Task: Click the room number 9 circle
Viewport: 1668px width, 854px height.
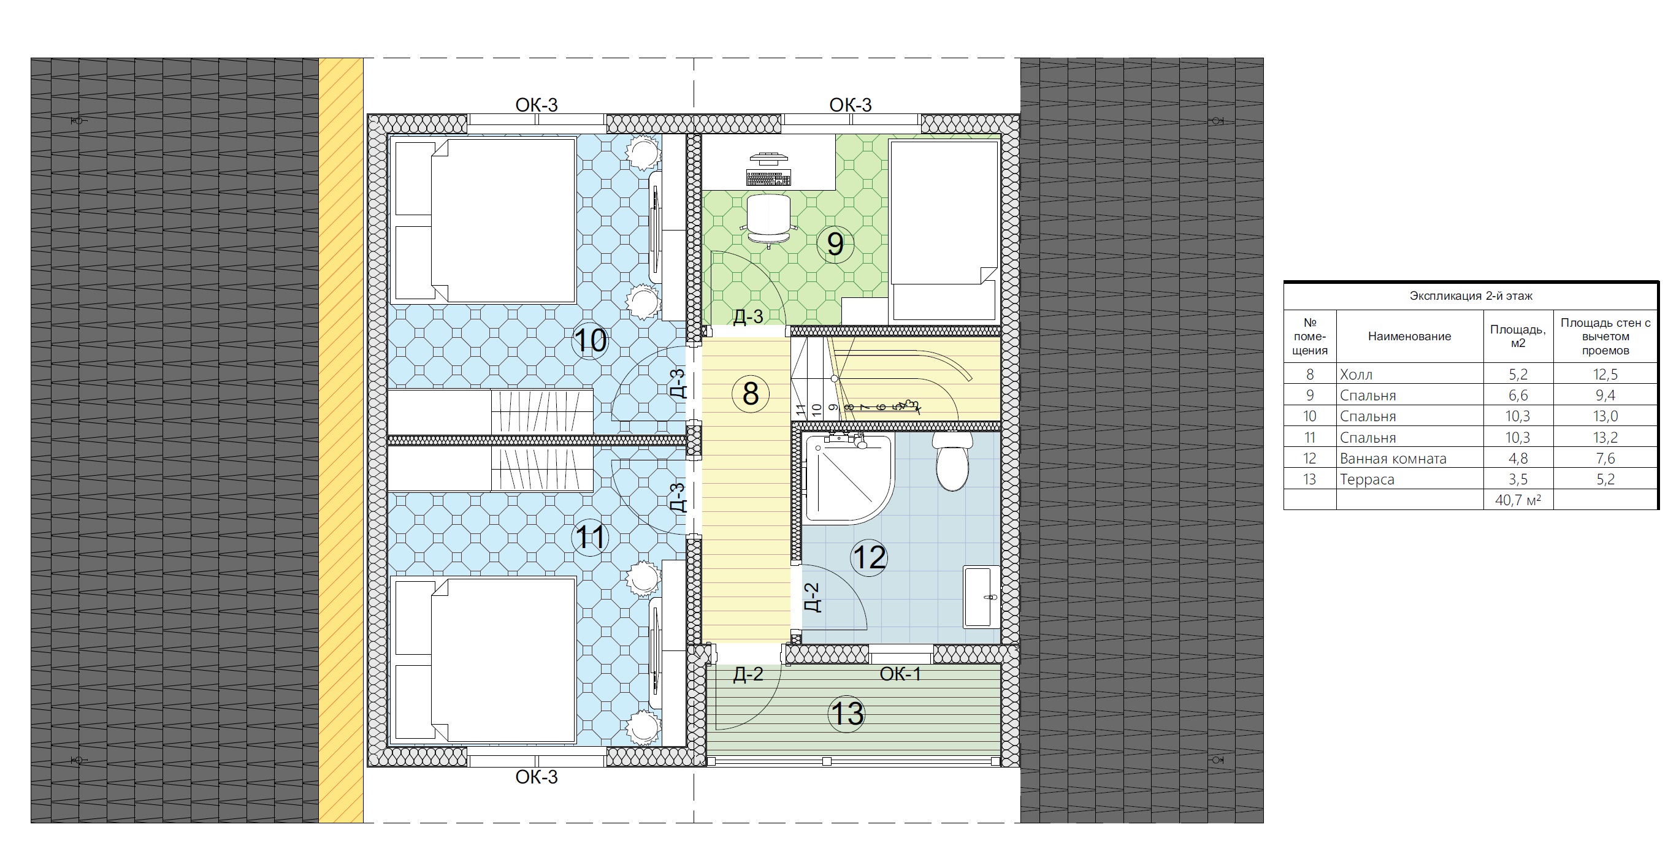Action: pos(835,244)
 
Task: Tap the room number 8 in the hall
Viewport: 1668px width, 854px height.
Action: pos(751,394)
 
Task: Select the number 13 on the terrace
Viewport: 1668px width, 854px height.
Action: pos(847,714)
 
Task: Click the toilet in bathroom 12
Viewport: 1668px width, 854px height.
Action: pos(952,461)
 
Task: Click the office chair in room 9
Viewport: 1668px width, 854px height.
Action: pos(768,220)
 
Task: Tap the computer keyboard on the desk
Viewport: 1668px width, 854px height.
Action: pos(768,177)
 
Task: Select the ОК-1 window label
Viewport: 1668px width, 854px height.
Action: pos(900,674)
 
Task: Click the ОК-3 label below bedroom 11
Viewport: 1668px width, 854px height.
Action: pos(536,777)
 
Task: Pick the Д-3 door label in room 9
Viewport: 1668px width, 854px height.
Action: pos(748,316)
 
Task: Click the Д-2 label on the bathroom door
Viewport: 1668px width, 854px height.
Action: pos(812,597)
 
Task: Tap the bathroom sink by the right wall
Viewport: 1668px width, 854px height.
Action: pos(982,597)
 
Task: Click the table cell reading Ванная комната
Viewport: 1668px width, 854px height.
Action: pos(1393,459)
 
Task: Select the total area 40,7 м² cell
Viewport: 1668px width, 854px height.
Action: pos(1518,500)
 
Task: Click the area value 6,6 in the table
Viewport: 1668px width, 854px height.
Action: pos(1518,395)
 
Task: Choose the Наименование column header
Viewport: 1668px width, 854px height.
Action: pos(1409,336)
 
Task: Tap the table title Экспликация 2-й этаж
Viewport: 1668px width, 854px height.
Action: pos(1471,296)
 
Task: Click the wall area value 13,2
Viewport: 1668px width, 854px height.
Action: pos(1605,438)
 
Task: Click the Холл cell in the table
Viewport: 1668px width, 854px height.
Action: pos(1356,374)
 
